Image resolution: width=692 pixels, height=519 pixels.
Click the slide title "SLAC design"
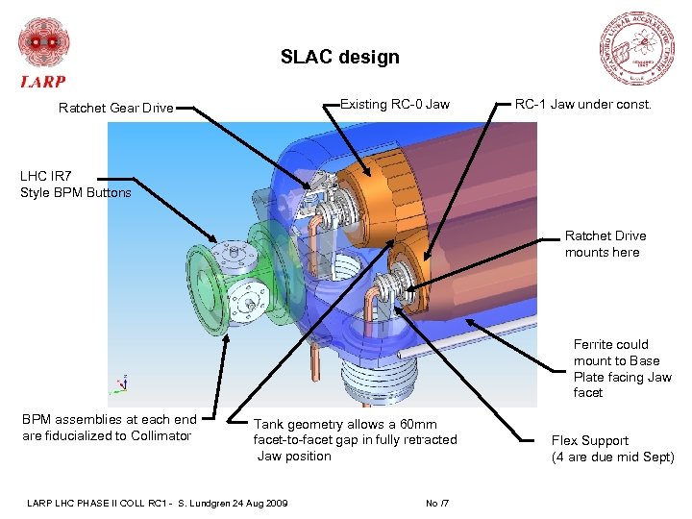(x=339, y=58)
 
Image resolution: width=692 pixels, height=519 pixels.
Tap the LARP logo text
(x=43, y=82)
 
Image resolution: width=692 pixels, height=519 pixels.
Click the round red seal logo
(x=635, y=48)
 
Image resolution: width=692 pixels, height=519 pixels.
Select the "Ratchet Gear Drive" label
(x=115, y=108)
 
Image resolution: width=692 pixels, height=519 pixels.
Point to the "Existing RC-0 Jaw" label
(x=394, y=104)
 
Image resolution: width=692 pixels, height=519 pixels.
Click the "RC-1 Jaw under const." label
(x=582, y=104)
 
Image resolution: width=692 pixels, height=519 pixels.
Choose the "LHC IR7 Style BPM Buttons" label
(x=75, y=185)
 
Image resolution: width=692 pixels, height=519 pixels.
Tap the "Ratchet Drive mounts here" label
(x=605, y=244)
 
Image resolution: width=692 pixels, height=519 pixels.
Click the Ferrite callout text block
(x=622, y=368)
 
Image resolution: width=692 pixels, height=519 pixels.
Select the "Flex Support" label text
(x=590, y=440)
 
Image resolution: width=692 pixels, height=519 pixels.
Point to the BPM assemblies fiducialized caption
(x=108, y=427)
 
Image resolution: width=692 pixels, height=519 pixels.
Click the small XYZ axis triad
(x=118, y=384)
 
